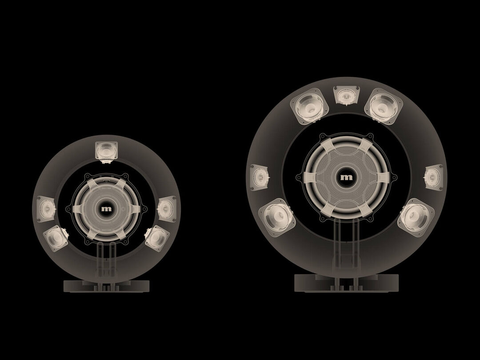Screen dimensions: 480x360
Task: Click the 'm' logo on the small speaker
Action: [x=107, y=209]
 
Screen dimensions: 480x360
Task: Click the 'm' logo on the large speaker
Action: [x=346, y=177]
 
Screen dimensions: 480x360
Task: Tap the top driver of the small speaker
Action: [x=106, y=152]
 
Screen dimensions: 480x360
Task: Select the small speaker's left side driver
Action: [x=46, y=208]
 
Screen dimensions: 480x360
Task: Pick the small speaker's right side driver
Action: [x=167, y=209]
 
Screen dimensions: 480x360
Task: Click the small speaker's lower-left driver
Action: [x=56, y=238]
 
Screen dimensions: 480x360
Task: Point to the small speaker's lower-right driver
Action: [x=157, y=238]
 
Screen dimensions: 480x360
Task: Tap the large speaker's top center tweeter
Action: [x=346, y=95]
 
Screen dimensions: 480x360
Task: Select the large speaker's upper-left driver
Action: [x=309, y=106]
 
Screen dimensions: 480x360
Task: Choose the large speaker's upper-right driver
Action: [x=384, y=106]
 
